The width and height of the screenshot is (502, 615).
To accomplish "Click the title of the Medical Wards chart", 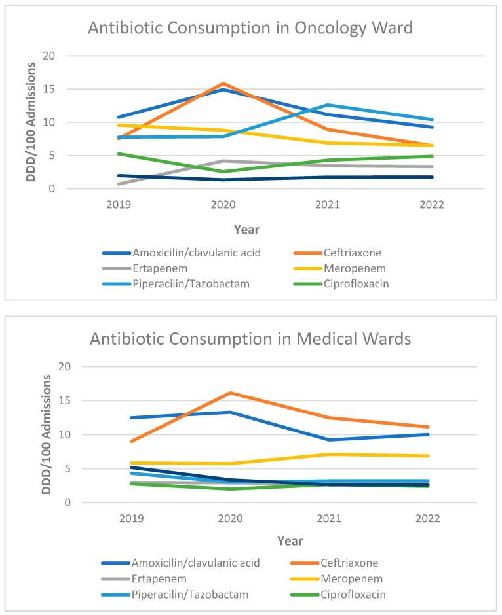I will (251, 340).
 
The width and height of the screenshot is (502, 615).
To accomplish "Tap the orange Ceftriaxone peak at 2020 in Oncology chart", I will (223, 84).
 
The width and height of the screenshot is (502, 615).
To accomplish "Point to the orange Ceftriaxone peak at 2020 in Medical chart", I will (230, 393).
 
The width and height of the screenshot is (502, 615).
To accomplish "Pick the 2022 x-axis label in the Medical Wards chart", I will (429, 518).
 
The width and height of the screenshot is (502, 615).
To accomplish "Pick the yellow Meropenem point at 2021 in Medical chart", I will (330, 454).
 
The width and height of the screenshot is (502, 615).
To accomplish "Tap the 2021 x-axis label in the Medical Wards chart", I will (330, 518).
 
